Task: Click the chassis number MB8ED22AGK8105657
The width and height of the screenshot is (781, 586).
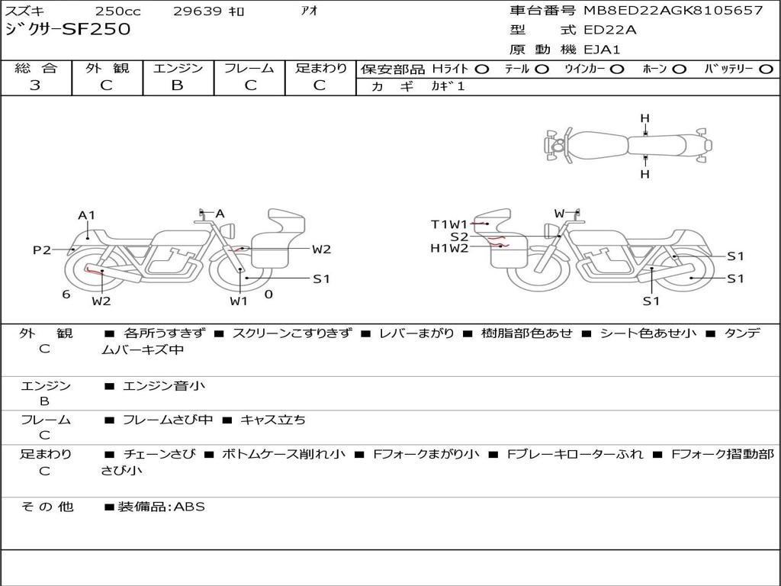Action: pos(673,10)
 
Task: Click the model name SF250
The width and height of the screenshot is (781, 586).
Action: pos(97,29)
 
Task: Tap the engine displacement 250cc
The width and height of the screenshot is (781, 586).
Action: pos(118,11)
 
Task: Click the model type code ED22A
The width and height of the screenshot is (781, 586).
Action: pos(609,30)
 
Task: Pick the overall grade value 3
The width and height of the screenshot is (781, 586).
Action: pos(35,85)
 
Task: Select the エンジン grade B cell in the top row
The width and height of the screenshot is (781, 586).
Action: pos(177,85)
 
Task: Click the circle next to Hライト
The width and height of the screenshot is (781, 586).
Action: pos(482,69)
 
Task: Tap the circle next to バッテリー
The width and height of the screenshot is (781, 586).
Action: pos(766,69)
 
